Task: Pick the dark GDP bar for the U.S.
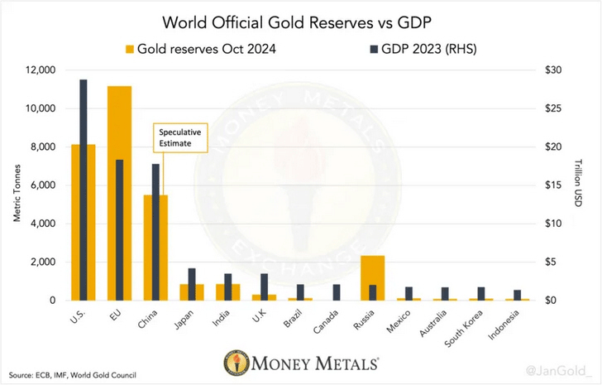click(x=84, y=190)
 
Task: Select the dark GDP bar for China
click(x=155, y=232)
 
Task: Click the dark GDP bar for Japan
click(x=192, y=284)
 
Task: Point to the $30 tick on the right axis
click(x=550, y=70)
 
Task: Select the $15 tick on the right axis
click(x=550, y=185)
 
